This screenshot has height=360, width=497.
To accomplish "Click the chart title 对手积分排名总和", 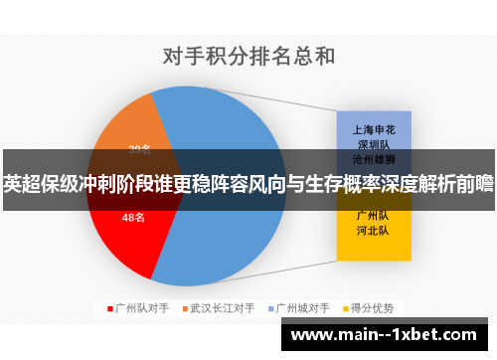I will [248, 55].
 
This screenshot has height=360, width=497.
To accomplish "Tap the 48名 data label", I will [133, 216].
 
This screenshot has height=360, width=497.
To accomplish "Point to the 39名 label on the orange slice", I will [140, 149].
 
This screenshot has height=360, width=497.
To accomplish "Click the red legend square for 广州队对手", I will [109, 308].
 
